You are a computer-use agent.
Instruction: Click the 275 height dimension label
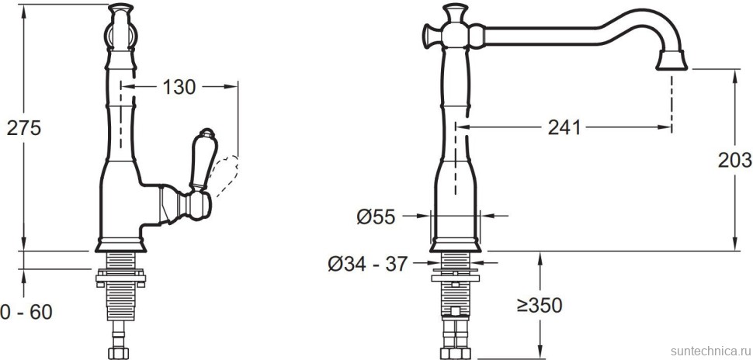(24, 128)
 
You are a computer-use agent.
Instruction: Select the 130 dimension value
(179, 87)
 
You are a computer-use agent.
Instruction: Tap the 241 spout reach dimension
(564, 128)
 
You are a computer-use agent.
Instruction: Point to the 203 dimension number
(734, 161)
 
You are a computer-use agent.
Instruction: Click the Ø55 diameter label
(376, 217)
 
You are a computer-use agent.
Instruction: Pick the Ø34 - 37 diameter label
(368, 264)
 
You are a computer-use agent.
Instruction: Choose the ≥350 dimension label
(540, 305)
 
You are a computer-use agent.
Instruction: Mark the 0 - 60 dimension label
(26, 313)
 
